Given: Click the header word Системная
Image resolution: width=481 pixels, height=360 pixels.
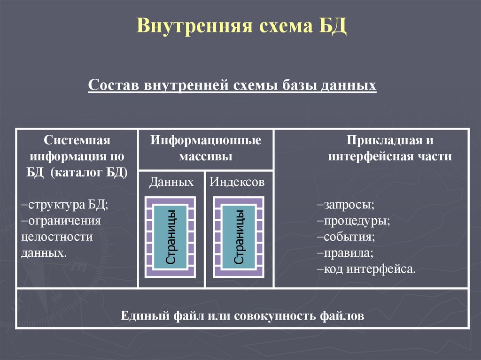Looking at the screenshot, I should coord(77,140).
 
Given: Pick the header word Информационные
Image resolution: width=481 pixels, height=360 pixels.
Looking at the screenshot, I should coord(206,140).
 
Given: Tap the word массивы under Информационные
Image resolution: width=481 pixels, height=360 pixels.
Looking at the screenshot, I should coord(206,156).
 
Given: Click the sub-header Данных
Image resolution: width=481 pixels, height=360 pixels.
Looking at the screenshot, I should coord(171,182).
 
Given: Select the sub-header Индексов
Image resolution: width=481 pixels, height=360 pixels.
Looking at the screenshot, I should coord(237,182).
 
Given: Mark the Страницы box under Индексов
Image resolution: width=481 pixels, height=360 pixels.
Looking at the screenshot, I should coord(239,237).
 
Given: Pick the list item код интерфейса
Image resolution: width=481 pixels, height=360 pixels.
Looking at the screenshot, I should coord(366,269).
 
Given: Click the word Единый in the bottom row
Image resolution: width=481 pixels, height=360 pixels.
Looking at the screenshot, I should coord(140,315).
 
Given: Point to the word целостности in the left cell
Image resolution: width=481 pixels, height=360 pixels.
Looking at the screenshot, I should coord(57,237).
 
